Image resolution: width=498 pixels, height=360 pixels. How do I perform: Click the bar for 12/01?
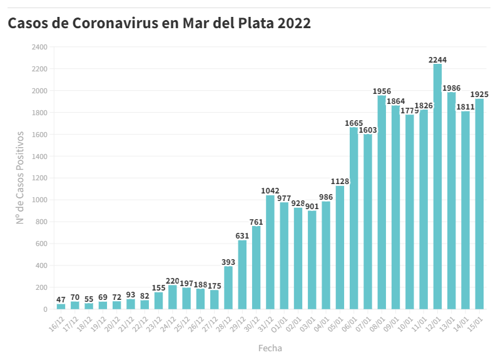coord(437,187)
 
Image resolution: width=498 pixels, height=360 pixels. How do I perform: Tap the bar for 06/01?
coord(354,219)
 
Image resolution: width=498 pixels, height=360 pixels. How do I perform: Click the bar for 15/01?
coord(479,204)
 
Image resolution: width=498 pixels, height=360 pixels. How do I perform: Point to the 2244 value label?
coord(437,60)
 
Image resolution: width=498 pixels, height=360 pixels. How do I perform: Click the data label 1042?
coord(270,191)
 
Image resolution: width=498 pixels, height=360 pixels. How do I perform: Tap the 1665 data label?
coord(354,123)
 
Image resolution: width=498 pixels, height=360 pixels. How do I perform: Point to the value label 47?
coord(61,300)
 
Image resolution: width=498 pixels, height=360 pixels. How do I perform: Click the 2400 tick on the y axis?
coord(39,47)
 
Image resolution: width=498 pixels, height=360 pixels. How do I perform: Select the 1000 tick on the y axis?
coord(39,200)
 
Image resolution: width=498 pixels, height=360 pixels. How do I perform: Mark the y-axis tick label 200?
coord(41,287)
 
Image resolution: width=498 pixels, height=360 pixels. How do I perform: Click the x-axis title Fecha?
coord(270,347)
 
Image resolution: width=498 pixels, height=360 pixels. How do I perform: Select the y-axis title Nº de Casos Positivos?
coord(20,178)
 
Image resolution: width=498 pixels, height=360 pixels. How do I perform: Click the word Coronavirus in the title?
coord(124,24)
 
